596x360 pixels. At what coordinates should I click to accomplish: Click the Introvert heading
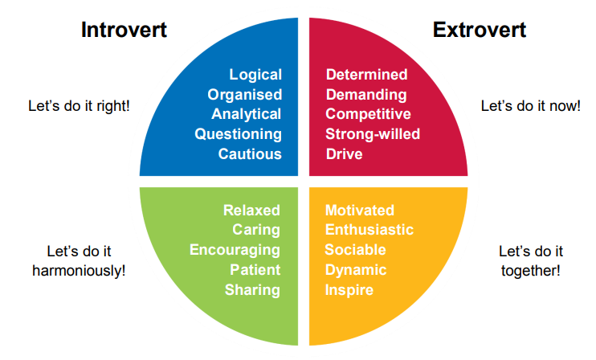point(124,31)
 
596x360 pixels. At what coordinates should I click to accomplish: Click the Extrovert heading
point(480,31)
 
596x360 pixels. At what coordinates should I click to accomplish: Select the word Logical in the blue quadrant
point(255,75)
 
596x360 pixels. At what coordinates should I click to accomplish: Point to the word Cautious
point(250,153)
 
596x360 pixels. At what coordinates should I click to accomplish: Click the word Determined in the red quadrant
point(366,75)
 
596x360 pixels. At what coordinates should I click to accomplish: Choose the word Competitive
point(368,113)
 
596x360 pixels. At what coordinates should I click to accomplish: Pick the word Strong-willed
point(373,133)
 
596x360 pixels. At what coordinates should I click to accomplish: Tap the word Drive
point(343,153)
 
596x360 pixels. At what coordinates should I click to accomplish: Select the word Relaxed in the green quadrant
point(251,211)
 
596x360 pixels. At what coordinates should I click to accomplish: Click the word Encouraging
point(235,250)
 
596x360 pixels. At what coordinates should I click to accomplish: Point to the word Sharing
point(252,289)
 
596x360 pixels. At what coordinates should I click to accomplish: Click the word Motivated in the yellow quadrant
point(360,211)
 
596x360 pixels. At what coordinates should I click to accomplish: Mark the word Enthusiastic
point(369,230)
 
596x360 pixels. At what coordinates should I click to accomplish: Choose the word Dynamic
point(356,269)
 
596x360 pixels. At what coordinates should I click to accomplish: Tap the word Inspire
point(349,289)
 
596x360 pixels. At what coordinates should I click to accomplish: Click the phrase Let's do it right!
point(79,105)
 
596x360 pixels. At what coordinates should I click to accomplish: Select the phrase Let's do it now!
point(530,105)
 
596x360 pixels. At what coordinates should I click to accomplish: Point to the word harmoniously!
point(79,270)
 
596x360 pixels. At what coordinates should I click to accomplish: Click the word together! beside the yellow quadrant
point(530,270)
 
